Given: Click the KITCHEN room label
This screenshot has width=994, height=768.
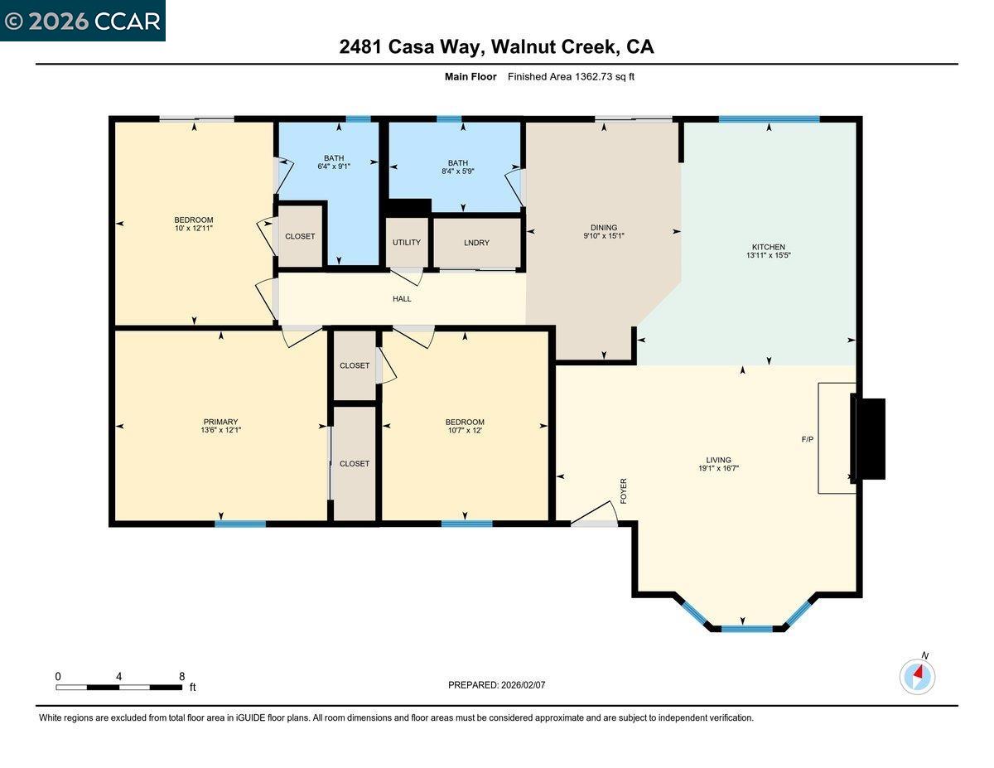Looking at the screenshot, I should point(768,247).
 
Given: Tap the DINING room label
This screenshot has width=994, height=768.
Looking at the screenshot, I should point(603,228).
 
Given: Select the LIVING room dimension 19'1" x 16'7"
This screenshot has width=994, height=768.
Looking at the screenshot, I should point(718,468).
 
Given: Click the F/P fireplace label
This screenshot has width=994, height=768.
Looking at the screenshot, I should point(808,439).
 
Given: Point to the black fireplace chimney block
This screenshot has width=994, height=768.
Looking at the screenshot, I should point(869,438).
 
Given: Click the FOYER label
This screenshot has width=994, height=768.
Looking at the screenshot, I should point(624,490).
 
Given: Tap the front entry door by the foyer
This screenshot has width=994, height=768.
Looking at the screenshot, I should point(595,517).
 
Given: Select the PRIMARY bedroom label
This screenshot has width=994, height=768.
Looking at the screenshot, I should point(220,422).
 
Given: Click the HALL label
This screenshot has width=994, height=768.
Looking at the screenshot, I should point(402,299).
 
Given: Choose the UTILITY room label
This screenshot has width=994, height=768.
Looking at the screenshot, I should point(407,243).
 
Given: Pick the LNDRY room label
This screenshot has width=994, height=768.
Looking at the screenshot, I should point(477,243).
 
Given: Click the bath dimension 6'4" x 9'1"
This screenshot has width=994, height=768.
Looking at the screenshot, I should point(334,167).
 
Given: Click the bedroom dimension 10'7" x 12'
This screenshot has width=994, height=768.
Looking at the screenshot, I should point(465,430).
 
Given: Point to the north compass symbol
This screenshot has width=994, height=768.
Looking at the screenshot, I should point(917,676).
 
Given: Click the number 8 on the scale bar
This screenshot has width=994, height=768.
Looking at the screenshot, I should point(181,676).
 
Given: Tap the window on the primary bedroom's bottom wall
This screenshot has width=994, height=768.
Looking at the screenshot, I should point(240,524).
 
